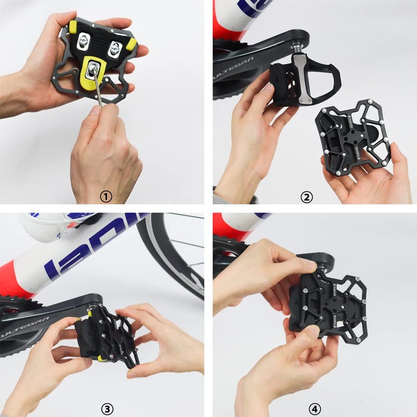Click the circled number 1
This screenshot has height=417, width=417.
106,197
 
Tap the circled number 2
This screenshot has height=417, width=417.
307,197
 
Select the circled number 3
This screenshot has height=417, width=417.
106,409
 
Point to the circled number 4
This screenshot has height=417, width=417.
314,409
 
